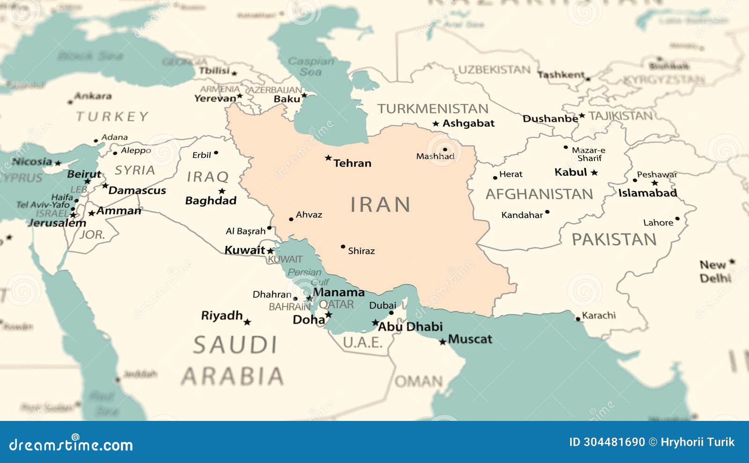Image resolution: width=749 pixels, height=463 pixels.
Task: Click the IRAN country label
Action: (x=380, y=205)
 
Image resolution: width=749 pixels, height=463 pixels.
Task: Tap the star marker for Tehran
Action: (x=328, y=158)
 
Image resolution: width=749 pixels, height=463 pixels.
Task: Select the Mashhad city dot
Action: (x=445, y=150)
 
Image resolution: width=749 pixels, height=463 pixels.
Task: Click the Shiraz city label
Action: (x=361, y=251)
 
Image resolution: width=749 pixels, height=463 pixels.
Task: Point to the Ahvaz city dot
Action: (x=291, y=219)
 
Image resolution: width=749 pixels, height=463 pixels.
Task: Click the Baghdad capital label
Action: (x=211, y=201)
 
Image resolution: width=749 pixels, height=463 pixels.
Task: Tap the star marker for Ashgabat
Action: (x=435, y=124)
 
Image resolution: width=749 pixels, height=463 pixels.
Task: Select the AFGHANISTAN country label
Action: (x=539, y=194)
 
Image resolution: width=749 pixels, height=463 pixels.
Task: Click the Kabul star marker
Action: (x=594, y=173)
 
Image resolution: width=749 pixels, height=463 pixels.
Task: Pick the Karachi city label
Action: (x=599, y=316)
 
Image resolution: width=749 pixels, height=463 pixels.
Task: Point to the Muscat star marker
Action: (x=442, y=342)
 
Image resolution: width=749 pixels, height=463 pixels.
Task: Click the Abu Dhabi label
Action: (x=410, y=327)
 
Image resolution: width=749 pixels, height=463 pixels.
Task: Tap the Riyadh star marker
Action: (x=247, y=322)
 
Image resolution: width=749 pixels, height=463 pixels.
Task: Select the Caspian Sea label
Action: (x=311, y=66)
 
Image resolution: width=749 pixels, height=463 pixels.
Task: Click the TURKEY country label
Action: (x=112, y=116)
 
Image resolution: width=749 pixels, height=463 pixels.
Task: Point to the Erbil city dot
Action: (x=216, y=153)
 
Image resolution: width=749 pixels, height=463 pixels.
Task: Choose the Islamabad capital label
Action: (x=647, y=193)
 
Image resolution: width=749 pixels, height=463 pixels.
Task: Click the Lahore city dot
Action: (x=677, y=219)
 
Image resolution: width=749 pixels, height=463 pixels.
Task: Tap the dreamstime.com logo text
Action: (x=71, y=444)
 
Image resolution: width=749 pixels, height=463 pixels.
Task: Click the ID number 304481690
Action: (x=614, y=442)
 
